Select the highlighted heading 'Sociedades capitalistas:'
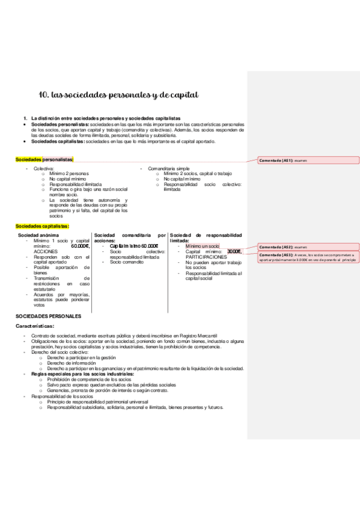pyautogui.click(x=42, y=226)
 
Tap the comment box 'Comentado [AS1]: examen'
pyautogui.click(x=308, y=161)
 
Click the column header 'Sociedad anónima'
pyautogui.click(x=38, y=235)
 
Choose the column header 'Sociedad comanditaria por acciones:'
pyautogui.click(x=130, y=238)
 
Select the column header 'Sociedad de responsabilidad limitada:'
pyautogui.click(x=206, y=238)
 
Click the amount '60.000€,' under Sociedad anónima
pyautogui.click(x=80, y=246)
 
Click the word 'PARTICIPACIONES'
pyautogui.click(x=206, y=257)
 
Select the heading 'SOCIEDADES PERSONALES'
pyautogui.click(x=48, y=316)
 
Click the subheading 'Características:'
pyautogui.click(x=35, y=326)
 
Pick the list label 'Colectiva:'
pyautogui.click(x=44, y=169)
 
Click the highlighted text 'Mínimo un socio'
pyautogui.click(x=203, y=246)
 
